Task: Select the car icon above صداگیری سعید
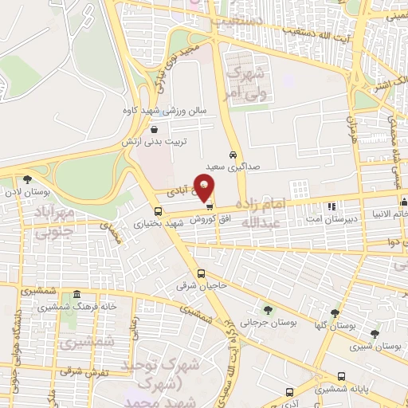pyautogui.click(x=232, y=155)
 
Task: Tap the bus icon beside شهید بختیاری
pyautogui.click(x=158, y=211)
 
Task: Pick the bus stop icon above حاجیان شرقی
pyautogui.click(x=201, y=273)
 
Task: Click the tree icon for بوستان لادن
pyautogui.click(x=29, y=180)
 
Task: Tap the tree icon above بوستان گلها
pyautogui.click(x=335, y=313)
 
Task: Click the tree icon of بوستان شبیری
pyautogui.click(x=375, y=335)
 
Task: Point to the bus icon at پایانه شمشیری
pyautogui.click(x=341, y=377)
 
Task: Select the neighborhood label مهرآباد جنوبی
pyautogui.click(x=53, y=221)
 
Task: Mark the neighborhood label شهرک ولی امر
pyautogui.click(x=243, y=83)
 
